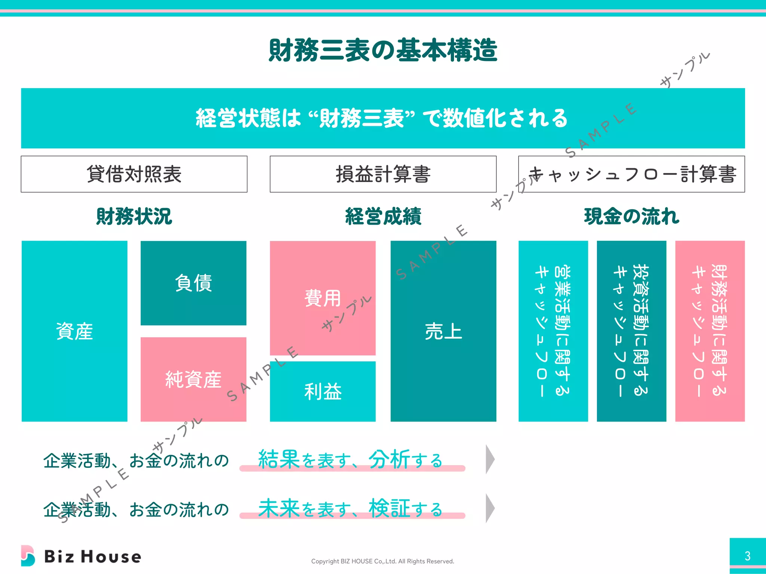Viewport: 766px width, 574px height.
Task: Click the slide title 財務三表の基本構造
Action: click(x=383, y=50)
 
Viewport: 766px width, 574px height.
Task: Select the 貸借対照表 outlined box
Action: click(x=134, y=174)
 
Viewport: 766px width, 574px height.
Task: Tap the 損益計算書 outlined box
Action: click(x=383, y=174)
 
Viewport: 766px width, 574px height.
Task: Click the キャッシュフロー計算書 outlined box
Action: click(x=631, y=174)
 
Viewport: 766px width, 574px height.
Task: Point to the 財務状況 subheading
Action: click(x=134, y=216)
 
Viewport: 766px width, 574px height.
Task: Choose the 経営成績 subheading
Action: click(x=383, y=216)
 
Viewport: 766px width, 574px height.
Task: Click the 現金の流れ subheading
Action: click(x=631, y=216)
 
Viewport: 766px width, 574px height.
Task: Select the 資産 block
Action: click(x=74, y=331)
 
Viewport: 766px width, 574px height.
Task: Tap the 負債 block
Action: click(x=193, y=283)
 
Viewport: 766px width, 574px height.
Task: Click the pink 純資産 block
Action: click(x=193, y=379)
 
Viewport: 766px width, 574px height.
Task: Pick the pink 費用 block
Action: click(x=322, y=298)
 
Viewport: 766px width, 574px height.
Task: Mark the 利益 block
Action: click(x=322, y=391)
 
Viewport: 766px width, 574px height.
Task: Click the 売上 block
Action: click(x=443, y=331)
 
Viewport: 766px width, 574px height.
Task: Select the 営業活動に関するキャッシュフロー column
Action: click(x=553, y=331)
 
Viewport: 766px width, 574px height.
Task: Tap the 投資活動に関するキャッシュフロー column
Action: click(x=631, y=331)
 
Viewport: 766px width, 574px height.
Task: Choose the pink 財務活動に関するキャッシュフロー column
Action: click(x=710, y=331)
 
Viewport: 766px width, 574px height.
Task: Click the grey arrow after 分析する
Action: click(x=490, y=459)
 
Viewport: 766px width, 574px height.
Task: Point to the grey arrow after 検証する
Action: click(x=490, y=508)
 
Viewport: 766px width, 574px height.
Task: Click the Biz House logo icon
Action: click(x=28, y=556)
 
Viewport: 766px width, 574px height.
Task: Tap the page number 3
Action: click(x=747, y=556)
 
